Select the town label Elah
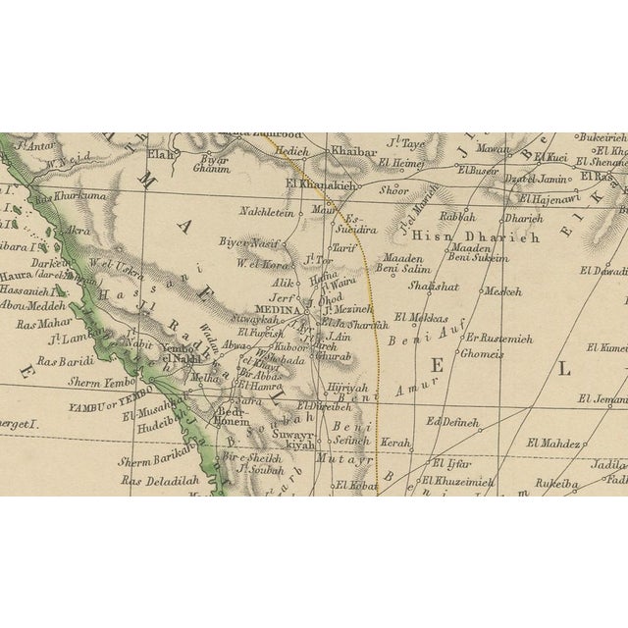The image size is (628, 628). point(160,153)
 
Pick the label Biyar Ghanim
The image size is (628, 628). point(211,162)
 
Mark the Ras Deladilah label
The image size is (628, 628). point(160,480)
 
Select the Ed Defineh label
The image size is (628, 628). point(453,422)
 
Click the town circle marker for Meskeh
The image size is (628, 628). point(481,290)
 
